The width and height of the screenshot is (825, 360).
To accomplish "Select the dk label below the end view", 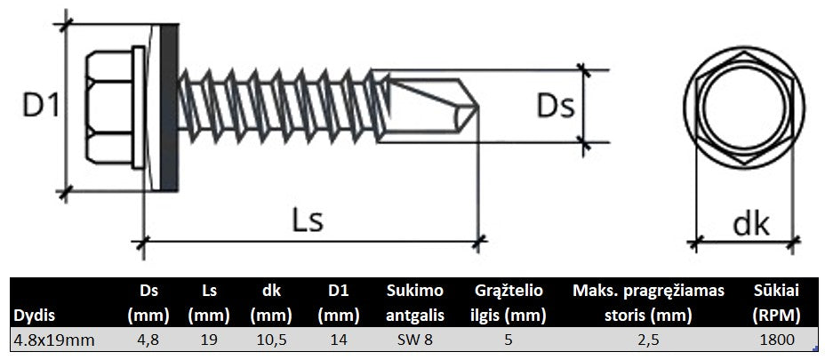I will (749, 222).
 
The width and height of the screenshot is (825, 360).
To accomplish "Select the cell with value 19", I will (209, 339).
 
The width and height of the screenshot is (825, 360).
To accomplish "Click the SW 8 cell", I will (410, 339).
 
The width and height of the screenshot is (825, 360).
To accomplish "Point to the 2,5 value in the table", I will (648, 339).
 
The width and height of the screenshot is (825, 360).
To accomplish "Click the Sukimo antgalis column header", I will (411, 302).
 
